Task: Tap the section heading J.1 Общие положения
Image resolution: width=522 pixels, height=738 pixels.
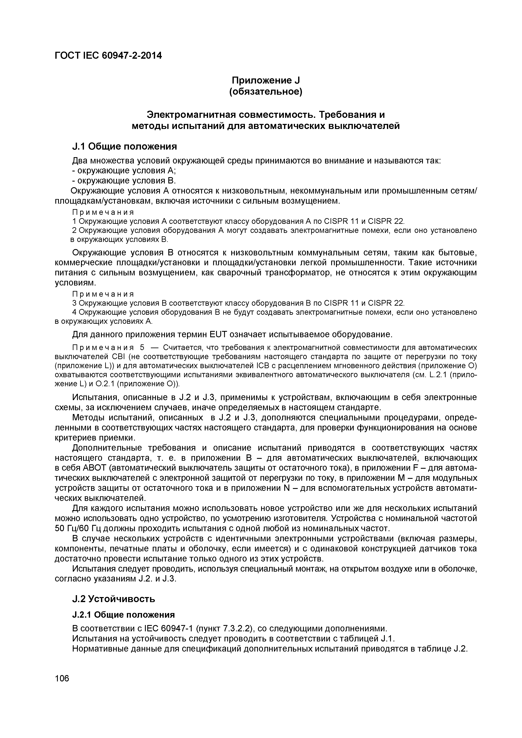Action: [x=124, y=147]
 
